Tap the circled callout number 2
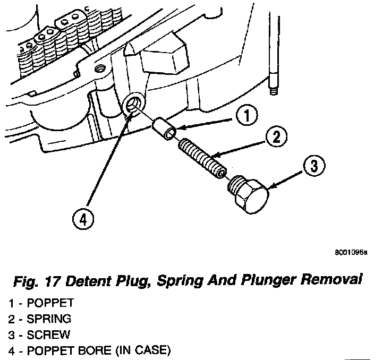[276, 138]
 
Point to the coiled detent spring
[203, 155]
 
